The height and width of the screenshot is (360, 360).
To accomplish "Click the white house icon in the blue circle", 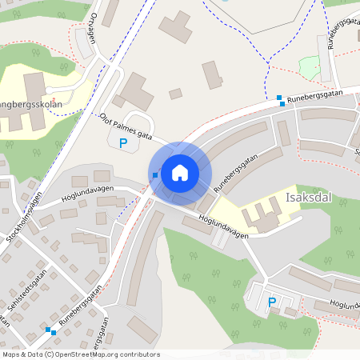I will coord(180,172).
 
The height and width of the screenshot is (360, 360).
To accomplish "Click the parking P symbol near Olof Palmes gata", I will coord(123,144).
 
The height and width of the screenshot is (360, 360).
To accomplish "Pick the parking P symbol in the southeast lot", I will coord(272,302).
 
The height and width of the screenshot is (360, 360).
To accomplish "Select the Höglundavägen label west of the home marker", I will coord(87,194).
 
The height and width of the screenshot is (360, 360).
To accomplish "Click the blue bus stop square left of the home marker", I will coord(154,174).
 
